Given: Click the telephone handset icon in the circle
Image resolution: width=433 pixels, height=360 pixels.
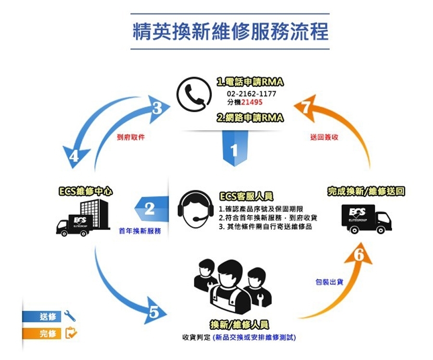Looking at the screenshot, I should [x=194, y=94].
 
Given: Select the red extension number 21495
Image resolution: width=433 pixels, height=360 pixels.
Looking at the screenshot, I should [x=252, y=102].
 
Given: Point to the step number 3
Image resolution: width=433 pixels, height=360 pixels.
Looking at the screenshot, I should [x=157, y=109].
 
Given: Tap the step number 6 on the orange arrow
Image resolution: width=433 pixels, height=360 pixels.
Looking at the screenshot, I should [x=358, y=256].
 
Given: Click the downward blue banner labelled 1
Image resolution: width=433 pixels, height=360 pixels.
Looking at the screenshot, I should [x=234, y=150].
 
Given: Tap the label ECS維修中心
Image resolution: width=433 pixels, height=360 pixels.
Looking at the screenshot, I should [x=85, y=191].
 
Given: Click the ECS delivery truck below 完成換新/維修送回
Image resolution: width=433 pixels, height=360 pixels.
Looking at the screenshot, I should [x=366, y=219].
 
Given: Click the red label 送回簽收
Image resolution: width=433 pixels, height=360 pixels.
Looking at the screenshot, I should [x=324, y=137].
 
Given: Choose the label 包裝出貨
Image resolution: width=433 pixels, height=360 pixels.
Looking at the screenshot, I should [x=329, y=282].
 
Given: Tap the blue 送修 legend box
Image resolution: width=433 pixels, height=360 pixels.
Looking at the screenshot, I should [x=42, y=316].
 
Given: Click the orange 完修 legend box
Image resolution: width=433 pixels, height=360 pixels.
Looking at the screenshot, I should [x=42, y=333].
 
